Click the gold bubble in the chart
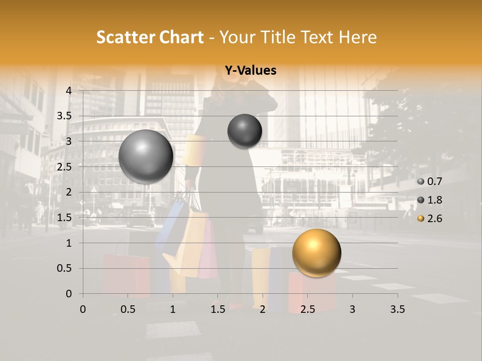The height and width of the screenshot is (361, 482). pos(316,253)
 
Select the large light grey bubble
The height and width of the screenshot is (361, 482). pos(146,156)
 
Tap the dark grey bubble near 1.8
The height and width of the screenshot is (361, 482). pos(245,131)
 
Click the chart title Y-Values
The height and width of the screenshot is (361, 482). pos(250,71)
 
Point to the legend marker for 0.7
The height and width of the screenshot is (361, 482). pos(421,182)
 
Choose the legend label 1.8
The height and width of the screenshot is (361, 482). pos(435,200)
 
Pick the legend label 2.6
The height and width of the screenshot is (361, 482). pos(435,219)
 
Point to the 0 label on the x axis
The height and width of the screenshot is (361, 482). pos(83,309)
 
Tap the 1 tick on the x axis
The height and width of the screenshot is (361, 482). pos(173,309)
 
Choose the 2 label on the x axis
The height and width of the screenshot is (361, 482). pos(263,309)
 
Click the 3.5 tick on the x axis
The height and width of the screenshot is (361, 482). pos(397,309)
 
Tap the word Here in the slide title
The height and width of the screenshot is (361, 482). pos(357,37)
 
